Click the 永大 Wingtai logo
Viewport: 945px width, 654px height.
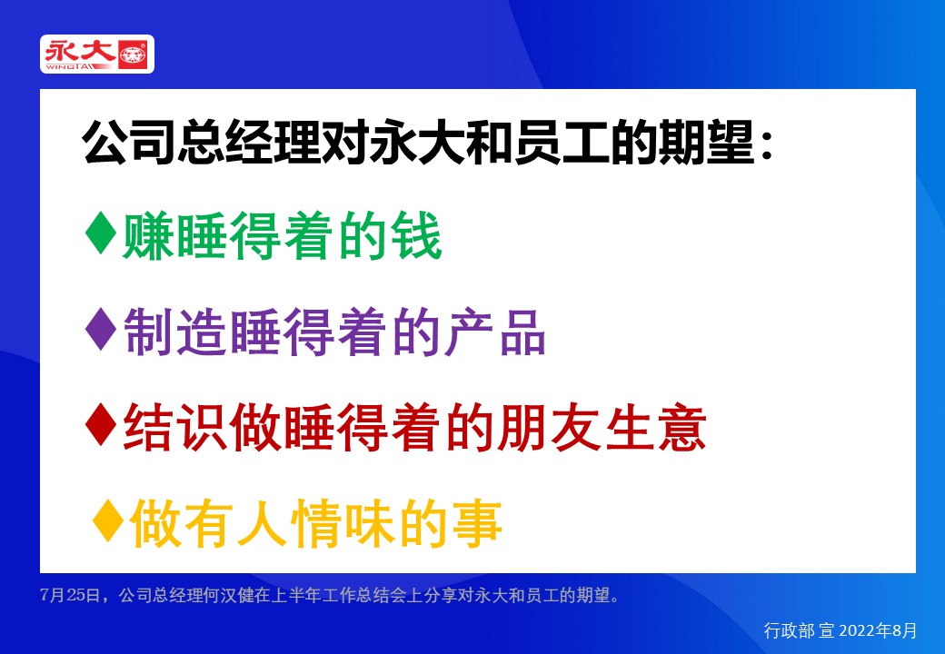[97, 54]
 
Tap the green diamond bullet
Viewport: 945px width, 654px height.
[100, 235]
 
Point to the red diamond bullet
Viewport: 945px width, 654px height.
[100, 428]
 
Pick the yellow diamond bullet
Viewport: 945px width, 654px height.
[109, 524]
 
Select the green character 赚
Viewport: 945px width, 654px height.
[148, 237]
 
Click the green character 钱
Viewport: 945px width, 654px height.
[416, 237]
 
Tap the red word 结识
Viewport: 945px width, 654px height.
[174, 429]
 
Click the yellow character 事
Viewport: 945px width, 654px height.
[477, 525]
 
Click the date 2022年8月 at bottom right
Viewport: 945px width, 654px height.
[880, 629]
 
